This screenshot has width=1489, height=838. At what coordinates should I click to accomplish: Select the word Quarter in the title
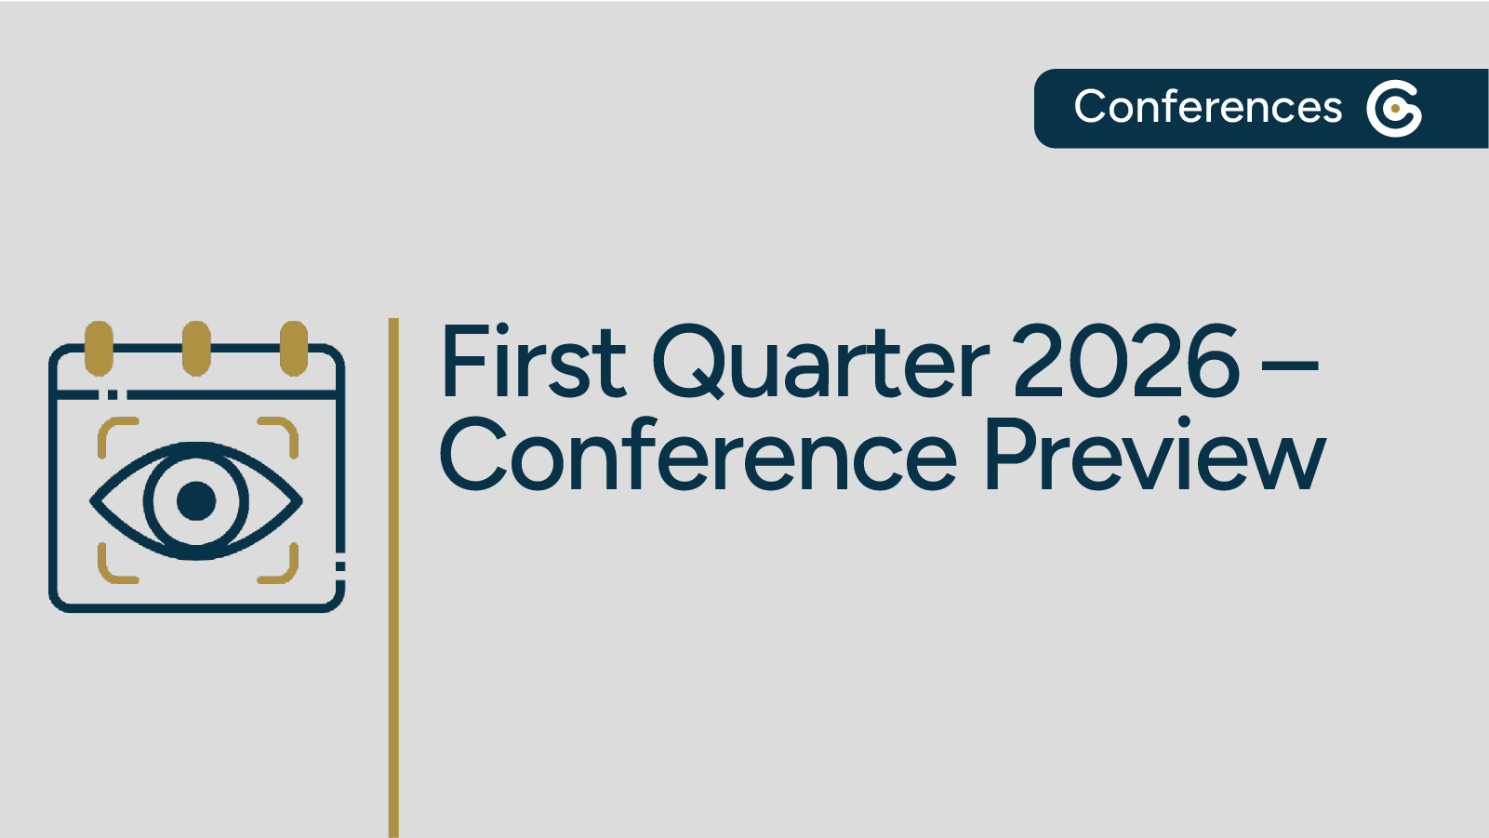(x=820, y=362)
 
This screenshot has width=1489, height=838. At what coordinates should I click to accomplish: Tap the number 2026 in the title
(x=1125, y=362)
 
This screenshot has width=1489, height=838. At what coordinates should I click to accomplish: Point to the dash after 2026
(x=1289, y=365)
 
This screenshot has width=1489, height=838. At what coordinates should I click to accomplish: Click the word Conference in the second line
(x=698, y=456)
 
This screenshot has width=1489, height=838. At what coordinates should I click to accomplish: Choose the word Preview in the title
(x=1153, y=456)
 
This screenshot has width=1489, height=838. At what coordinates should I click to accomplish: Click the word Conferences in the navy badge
(x=1207, y=107)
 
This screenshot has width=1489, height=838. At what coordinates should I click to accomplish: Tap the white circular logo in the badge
(x=1393, y=109)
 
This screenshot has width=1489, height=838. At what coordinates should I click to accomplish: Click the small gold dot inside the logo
(x=1395, y=110)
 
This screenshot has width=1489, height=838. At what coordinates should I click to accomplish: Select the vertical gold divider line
(x=393, y=577)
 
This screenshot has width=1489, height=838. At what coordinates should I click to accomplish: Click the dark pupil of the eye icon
(x=196, y=500)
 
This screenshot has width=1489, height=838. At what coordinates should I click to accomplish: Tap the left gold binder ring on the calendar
(x=99, y=348)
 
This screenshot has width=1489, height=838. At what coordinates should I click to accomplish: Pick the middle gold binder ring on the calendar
(x=196, y=348)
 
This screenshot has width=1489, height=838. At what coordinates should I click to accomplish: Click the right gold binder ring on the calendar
(x=294, y=348)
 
